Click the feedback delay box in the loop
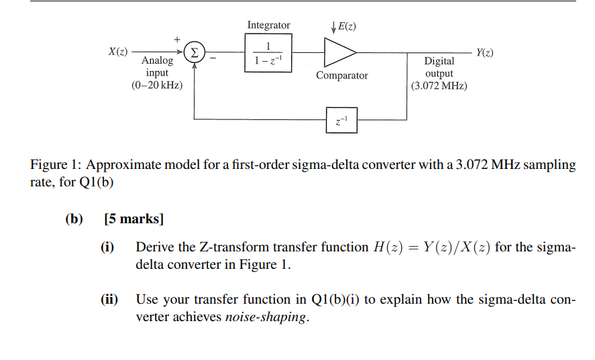point(341,120)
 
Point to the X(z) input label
point(119,52)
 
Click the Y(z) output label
point(484,52)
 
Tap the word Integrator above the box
point(268,25)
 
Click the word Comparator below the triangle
point(341,76)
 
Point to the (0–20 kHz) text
point(157,85)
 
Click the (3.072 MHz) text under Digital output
point(439,86)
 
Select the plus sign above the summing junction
point(178,39)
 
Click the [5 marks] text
point(134,219)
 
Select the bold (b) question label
point(72,219)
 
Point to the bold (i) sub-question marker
point(107,247)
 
